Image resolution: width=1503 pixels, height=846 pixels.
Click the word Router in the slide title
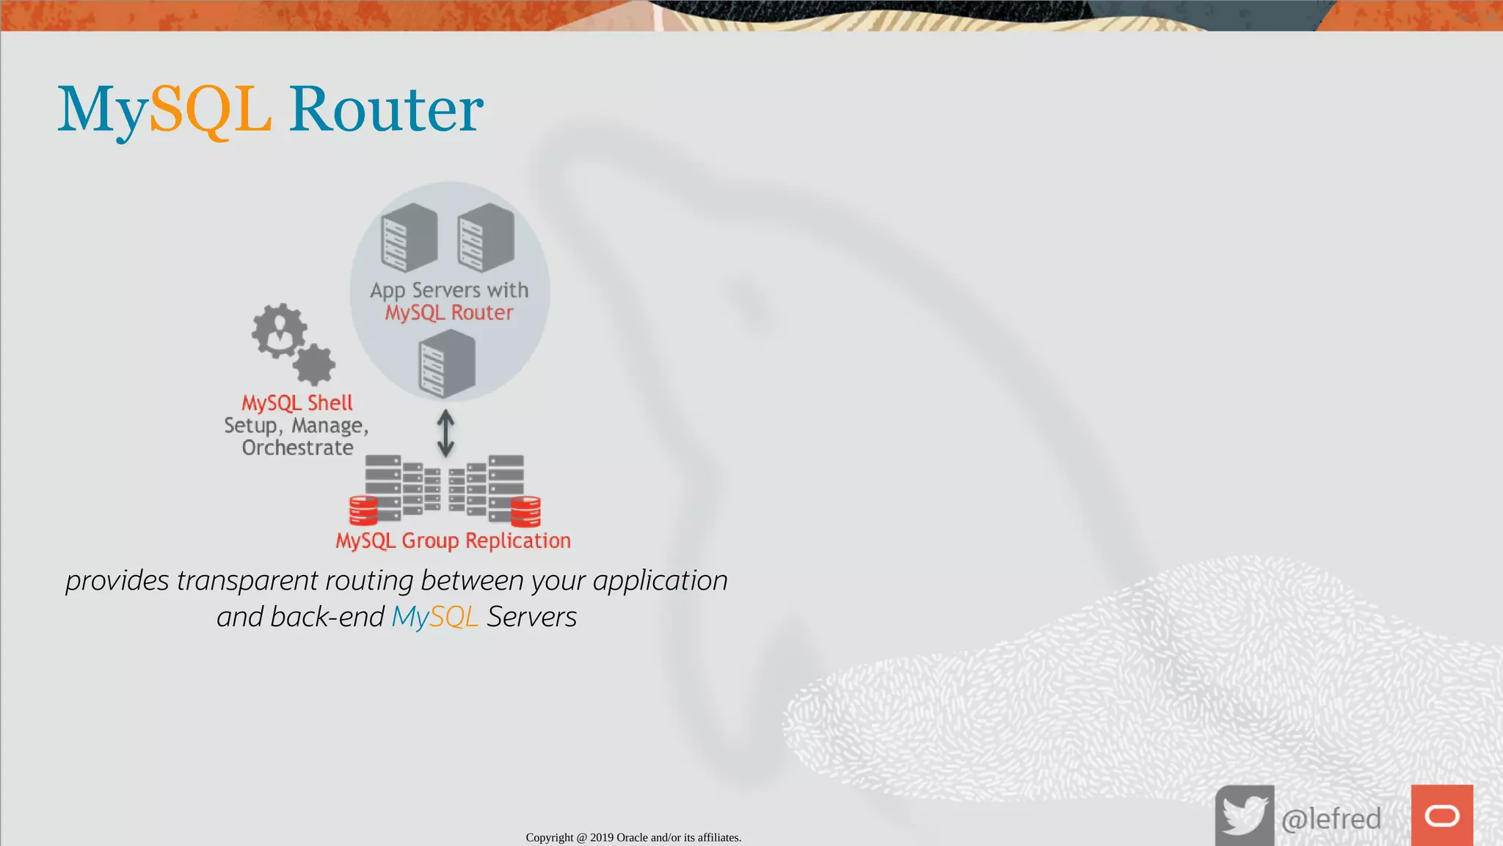pyautogui.click(x=386, y=110)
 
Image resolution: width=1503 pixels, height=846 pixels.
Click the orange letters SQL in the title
pyautogui.click(x=211, y=110)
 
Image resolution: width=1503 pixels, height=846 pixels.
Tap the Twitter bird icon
pyautogui.click(x=1245, y=816)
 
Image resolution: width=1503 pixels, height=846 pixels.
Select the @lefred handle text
pyautogui.click(x=1331, y=818)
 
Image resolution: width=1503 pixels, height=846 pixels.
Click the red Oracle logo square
pyautogui.click(x=1442, y=815)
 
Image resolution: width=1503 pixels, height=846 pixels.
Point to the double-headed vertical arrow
pyautogui.click(x=445, y=433)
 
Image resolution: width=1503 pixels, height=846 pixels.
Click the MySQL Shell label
pyautogui.click(x=297, y=402)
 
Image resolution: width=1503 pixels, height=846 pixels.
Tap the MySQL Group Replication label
pyautogui.click(x=453, y=540)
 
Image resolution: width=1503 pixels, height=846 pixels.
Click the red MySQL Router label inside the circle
pyautogui.click(x=449, y=313)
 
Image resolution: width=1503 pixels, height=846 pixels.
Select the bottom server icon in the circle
pyautogui.click(x=447, y=364)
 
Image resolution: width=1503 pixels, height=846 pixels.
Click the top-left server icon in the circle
pyautogui.click(x=410, y=237)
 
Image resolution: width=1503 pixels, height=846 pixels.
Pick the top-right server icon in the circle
pyautogui.click(x=486, y=237)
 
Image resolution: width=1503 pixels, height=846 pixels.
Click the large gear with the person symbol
pyautogui.click(x=279, y=331)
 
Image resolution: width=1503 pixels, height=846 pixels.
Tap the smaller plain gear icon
pyautogui.click(x=315, y=364)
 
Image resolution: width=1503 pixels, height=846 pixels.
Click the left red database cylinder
pyautogui.click(x=363, y=510)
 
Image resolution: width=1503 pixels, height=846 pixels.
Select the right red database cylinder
pyautogui.click(x=525, y=511)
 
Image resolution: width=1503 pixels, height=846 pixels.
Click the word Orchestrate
pyautogui.click(x=298, y=448)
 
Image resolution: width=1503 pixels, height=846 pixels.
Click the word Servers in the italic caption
pyautogui.click(x=532, y=617)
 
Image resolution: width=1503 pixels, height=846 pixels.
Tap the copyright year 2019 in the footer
pyautogui.click(x=602, y=838)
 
